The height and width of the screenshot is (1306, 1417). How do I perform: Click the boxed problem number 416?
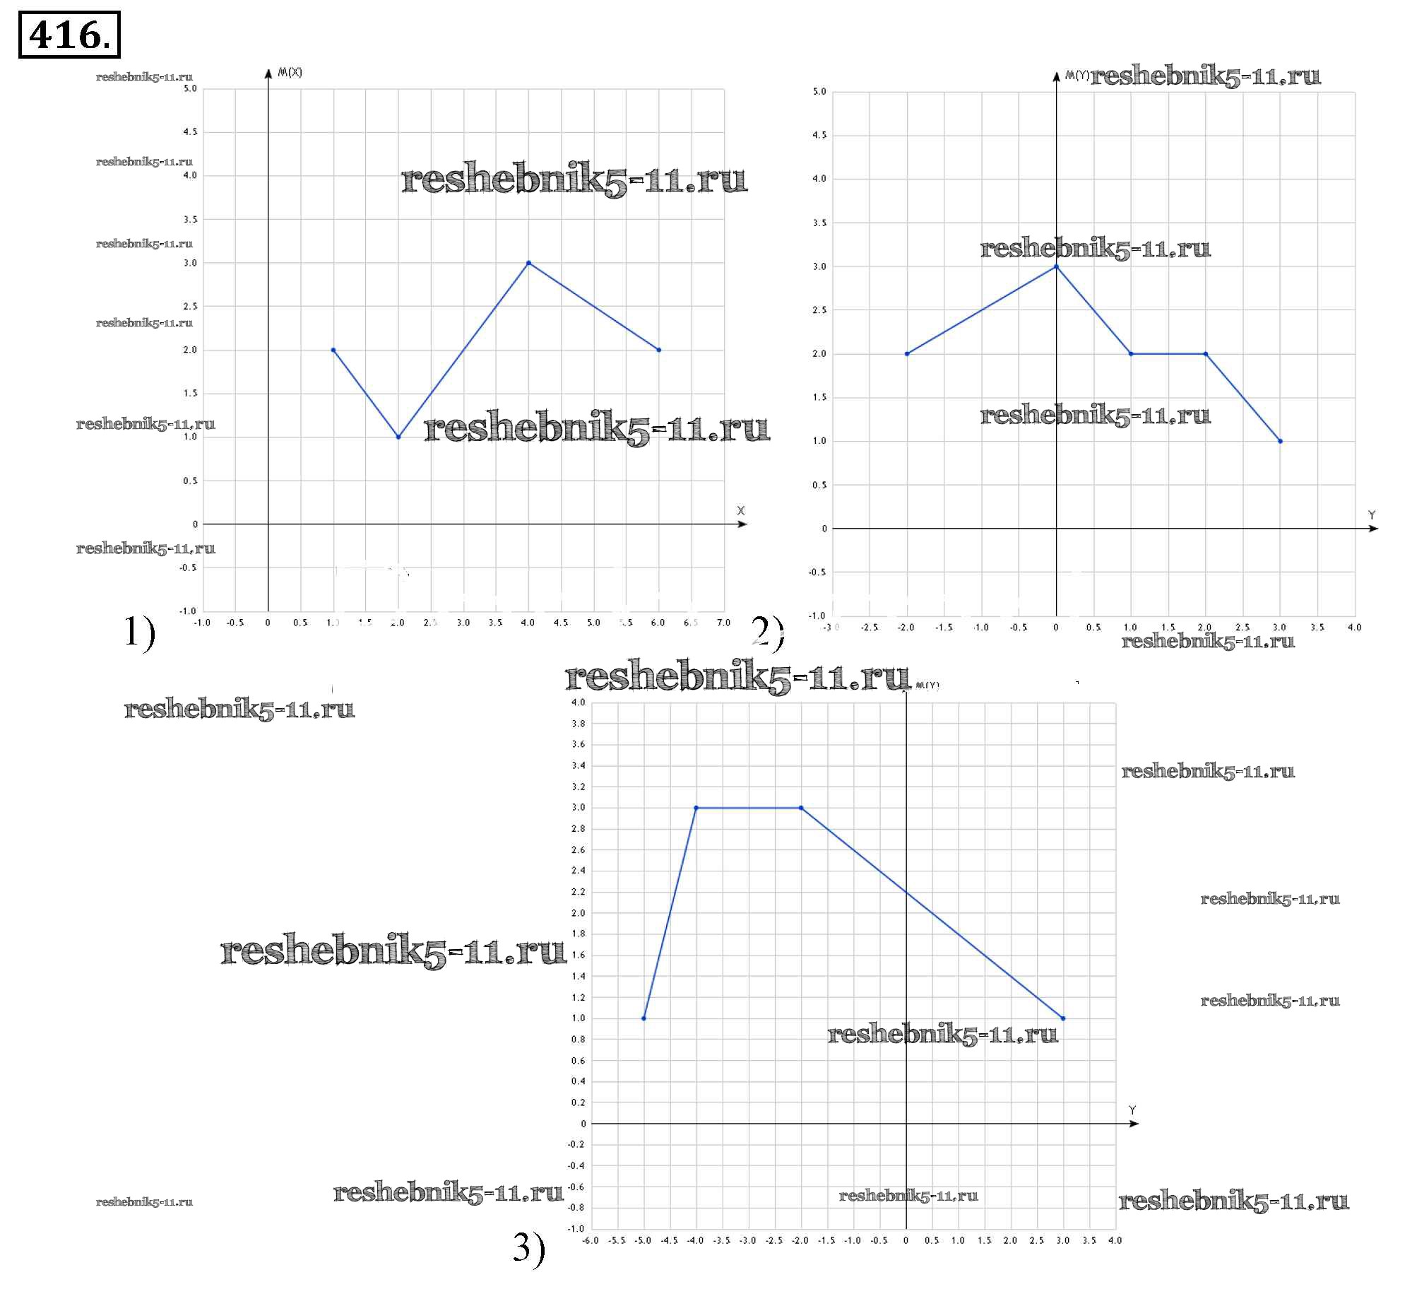click(69, 35)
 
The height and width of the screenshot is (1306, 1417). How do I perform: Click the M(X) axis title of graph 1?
click(290, 72)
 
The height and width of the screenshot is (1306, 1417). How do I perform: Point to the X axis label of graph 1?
click(741, 510)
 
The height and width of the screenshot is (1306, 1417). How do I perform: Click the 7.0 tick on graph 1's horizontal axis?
click(723, 623)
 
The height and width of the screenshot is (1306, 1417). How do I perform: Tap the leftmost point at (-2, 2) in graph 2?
click(907, 354)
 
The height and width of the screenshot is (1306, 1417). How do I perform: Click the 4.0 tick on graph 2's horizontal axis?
click(1354, 627)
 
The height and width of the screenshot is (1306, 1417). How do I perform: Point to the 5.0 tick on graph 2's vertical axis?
click(819, 92)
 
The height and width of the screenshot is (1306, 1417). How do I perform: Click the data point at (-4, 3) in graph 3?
click(696, 808)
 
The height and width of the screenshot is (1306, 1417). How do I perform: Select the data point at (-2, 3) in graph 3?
click(800, 808)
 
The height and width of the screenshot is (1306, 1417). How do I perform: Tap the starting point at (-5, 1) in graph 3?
click(644, 1018)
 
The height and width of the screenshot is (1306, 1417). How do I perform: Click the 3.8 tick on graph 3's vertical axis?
click(578, 724)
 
